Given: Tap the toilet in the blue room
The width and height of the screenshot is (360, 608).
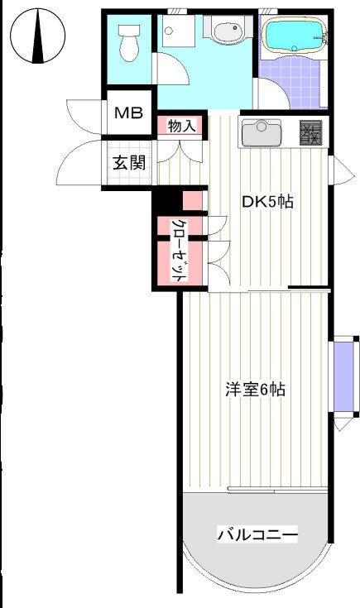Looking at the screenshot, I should coord(129,42).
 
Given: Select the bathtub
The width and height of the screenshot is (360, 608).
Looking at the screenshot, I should coord(294,36).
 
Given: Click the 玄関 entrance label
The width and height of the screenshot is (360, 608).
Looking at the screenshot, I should coord(128,162).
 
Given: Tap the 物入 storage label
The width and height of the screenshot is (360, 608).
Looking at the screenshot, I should coord(181,126).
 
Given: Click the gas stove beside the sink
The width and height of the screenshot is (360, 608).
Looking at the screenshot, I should coord(310,132).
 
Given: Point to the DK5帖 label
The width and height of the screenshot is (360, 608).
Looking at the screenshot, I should coord(267,201).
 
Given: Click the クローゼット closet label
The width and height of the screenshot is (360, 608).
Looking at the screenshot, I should coord(178,251).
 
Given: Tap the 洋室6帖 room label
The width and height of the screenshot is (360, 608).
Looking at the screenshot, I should coord(255,390).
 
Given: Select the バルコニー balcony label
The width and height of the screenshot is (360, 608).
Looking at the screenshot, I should coord(257,535).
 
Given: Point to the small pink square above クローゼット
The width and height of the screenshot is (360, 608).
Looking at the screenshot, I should coord(192,200).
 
